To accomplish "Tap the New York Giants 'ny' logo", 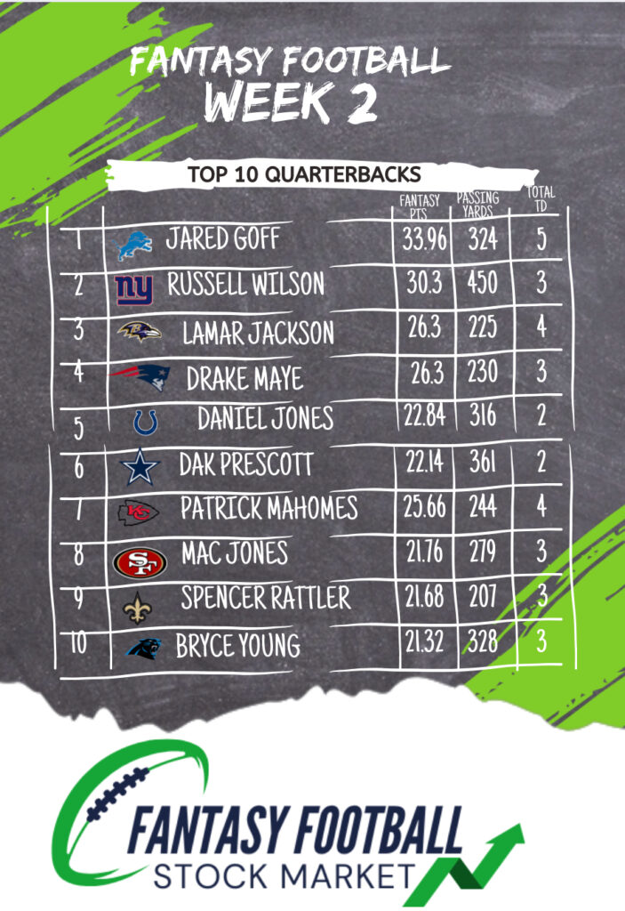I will [x=134, y=288].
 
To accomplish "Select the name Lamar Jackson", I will [x=258, y=333].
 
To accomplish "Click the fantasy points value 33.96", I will [x=423, y=239].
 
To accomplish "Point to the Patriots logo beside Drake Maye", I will [x=139, y=377].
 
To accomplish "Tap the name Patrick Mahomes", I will [x=268, y=509].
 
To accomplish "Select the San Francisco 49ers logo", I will [x=140, y=562].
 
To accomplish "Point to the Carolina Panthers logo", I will [x=142, y=649].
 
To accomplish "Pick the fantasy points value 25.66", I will [x=422, y=507].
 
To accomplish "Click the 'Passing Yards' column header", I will [x=478, y=204].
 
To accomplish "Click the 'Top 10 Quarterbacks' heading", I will [x=304, y=173].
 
